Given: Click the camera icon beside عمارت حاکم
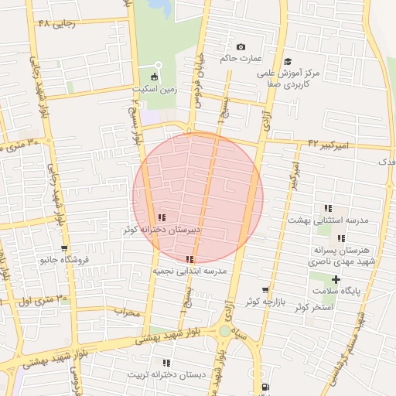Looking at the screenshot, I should point(240,47).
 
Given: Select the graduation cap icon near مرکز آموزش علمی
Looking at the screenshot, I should point(288,61).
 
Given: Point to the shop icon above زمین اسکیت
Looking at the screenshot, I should point(155,77).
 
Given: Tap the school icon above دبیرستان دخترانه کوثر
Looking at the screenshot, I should point(162,218).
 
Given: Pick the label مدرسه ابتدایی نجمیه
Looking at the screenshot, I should point(189,271).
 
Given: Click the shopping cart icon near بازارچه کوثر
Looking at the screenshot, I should point(265,289).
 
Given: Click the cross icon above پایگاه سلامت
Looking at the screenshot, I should point(335,279).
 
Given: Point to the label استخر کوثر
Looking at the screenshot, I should point(313,307).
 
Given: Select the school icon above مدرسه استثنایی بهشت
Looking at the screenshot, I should point(328,208).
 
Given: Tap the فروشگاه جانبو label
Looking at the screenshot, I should point(66,261).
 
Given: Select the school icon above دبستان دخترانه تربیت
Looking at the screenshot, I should point(166,363).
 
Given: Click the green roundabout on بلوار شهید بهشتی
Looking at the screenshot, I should point(224,331).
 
